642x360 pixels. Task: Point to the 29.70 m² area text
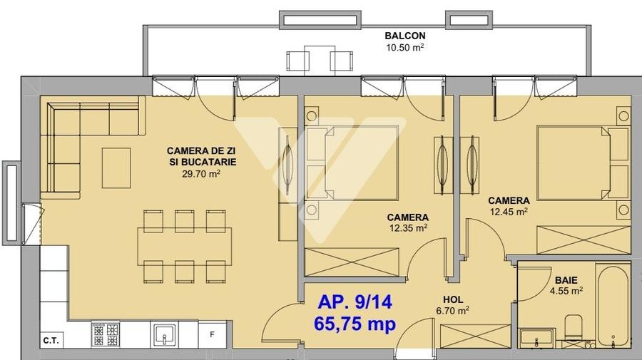200,173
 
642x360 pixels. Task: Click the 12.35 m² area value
408,228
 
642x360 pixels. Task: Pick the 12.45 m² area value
509,211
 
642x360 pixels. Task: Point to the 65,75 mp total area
356,323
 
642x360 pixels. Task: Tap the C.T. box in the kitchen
51,340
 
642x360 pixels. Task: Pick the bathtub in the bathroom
613,307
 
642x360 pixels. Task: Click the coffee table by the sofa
116,168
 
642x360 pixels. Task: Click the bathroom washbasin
536,336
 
